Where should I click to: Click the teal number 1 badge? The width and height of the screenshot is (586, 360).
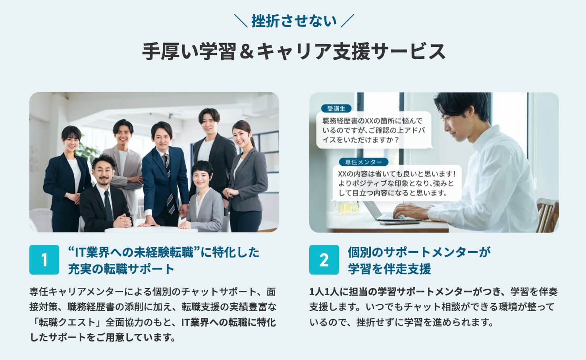pyautogui.click(x=44, y=259)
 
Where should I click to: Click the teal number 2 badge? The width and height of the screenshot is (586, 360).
pyautogui.click(x=324, y=259)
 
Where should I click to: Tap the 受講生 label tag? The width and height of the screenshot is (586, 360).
pyautogui.click(x=336, y=108)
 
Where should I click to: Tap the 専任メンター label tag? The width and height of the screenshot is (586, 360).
pyautogui.click(x=363, y=162)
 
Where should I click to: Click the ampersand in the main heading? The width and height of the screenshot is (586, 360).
pyautogui.click(x=247, y=51)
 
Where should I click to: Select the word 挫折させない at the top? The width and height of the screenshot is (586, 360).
pyautogui.click(x=294, y=21)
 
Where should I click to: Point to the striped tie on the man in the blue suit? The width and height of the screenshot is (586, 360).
pyautogui.click(x=168, y=183)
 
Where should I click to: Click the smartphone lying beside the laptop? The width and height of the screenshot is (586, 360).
pyautogui.click(x=399, y=223)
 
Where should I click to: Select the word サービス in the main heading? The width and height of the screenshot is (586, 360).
pyautogui.click(x=408, y=51)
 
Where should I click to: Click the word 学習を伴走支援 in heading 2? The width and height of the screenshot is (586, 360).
pyautogui.click(x=389, y=269)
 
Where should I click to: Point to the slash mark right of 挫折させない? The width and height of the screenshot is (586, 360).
pyautogui.click(x=347, y=21)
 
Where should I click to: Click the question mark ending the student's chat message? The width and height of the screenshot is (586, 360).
pyautogui.click(x=397, y=140)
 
